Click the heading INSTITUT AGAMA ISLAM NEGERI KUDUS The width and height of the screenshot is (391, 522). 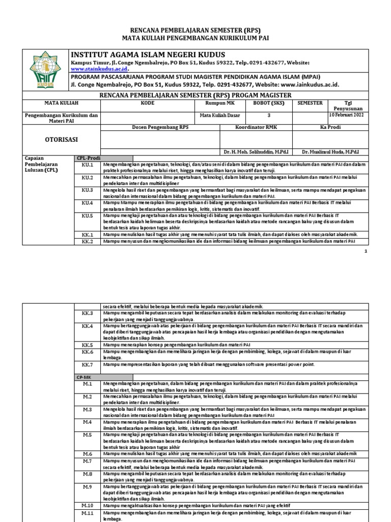(148, 55)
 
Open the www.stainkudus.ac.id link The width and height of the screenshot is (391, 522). (99, 68)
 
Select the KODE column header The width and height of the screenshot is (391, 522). (147, 102)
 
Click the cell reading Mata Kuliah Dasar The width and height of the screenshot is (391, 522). (219, 115)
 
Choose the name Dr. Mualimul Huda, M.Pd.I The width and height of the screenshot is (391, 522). (330, 152)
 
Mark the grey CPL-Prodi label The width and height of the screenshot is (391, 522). (88, 159)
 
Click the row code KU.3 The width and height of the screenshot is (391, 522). (88, 190)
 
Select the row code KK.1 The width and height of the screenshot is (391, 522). (88, 234)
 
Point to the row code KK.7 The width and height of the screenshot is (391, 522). (88, 364)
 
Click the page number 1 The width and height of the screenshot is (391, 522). (366, 252)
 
